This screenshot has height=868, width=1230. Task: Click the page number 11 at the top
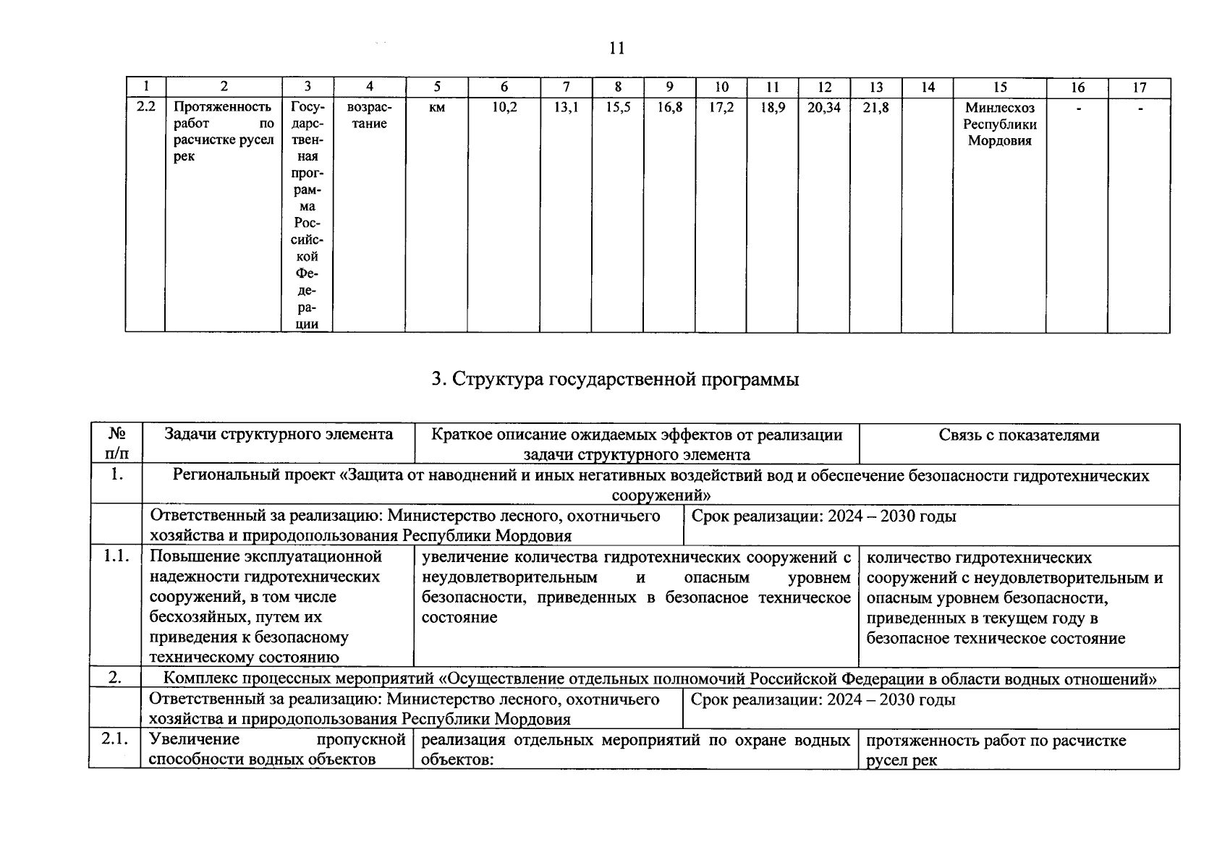(616, 48)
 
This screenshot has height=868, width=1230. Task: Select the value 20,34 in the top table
(823, 108)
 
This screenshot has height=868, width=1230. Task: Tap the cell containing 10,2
(504, 108)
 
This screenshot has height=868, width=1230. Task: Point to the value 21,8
(875, 108)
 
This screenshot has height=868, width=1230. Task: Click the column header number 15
(999, 88)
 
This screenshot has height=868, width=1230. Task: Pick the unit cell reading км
(436, 108)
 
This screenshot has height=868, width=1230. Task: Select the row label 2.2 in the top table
(145, 107)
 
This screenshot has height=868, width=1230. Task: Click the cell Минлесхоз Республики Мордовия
(999, 124)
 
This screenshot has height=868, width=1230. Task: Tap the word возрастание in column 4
(369, 116)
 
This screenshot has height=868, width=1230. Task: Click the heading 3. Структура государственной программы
(615, 379)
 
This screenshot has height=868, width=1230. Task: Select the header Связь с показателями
(1019, 435)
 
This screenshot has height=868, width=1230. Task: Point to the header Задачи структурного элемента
(279, 434)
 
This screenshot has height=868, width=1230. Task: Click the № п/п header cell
(116, 443)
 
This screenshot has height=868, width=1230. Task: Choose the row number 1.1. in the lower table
(116, 556)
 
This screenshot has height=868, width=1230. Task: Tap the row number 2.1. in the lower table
(115, 739)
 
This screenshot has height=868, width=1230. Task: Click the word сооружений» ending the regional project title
(661, 495)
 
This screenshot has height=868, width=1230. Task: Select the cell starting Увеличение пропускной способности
(276, 749)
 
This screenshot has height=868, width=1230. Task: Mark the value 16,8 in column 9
(669, 108)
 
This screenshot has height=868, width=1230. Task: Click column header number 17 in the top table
(1139, 88)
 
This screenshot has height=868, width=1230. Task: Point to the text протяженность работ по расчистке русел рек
(996, 750)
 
